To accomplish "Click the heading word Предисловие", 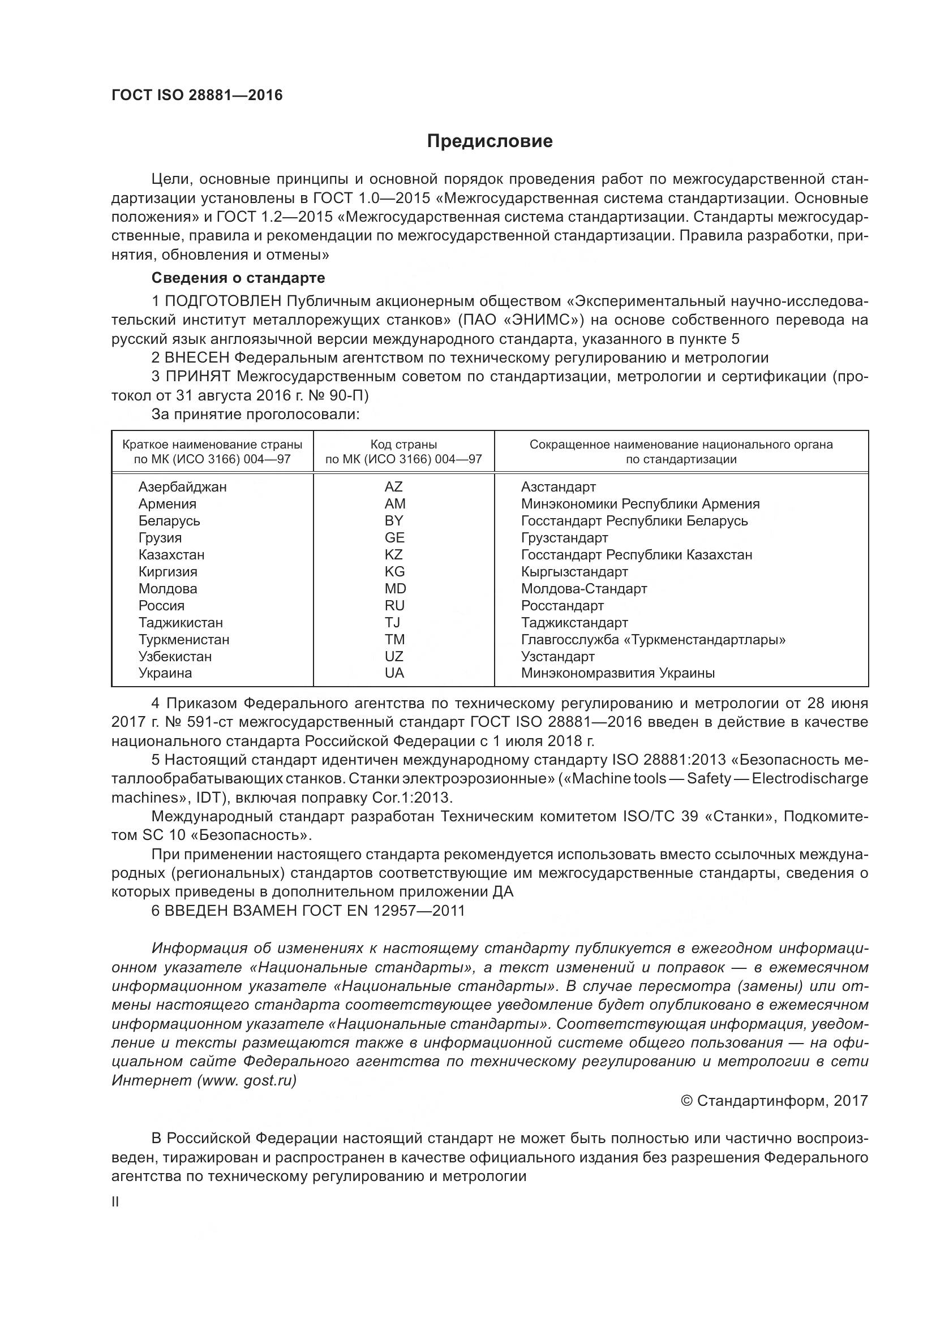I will (490, 141).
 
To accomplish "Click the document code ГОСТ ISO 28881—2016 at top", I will (196, 95).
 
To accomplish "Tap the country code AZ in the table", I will (394, 487).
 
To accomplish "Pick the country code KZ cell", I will (394, 555).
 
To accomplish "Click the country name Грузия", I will (160, 537).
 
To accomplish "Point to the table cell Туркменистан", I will (183, 640).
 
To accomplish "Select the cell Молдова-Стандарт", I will (584, 589).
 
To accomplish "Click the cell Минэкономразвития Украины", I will (618, 673).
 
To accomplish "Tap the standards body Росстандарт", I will (562, 606).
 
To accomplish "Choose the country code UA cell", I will (394, 673).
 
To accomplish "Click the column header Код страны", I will (403, 445).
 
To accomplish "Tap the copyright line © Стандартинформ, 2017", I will (774, 1101).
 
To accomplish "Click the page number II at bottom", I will (115, 1202).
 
